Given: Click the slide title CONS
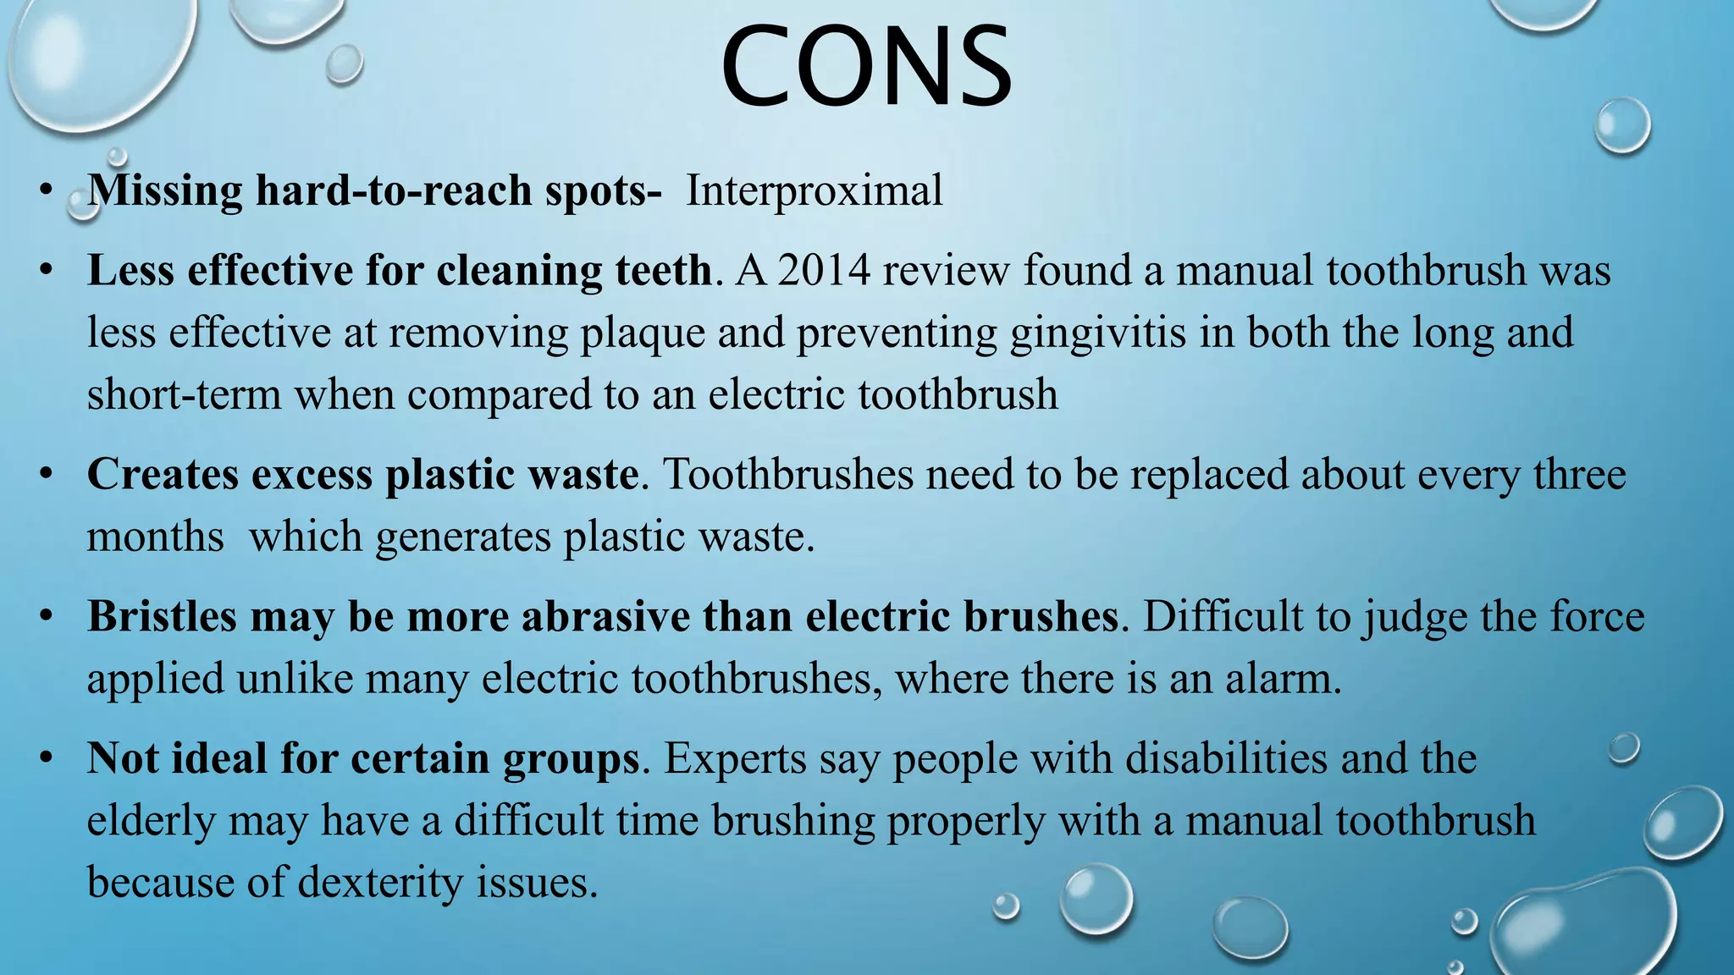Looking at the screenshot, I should tap(866, 68).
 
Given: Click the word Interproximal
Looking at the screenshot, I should tap(814, 190).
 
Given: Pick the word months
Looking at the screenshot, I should tap(155, 537).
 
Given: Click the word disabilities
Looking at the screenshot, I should tap(1226, 758).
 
